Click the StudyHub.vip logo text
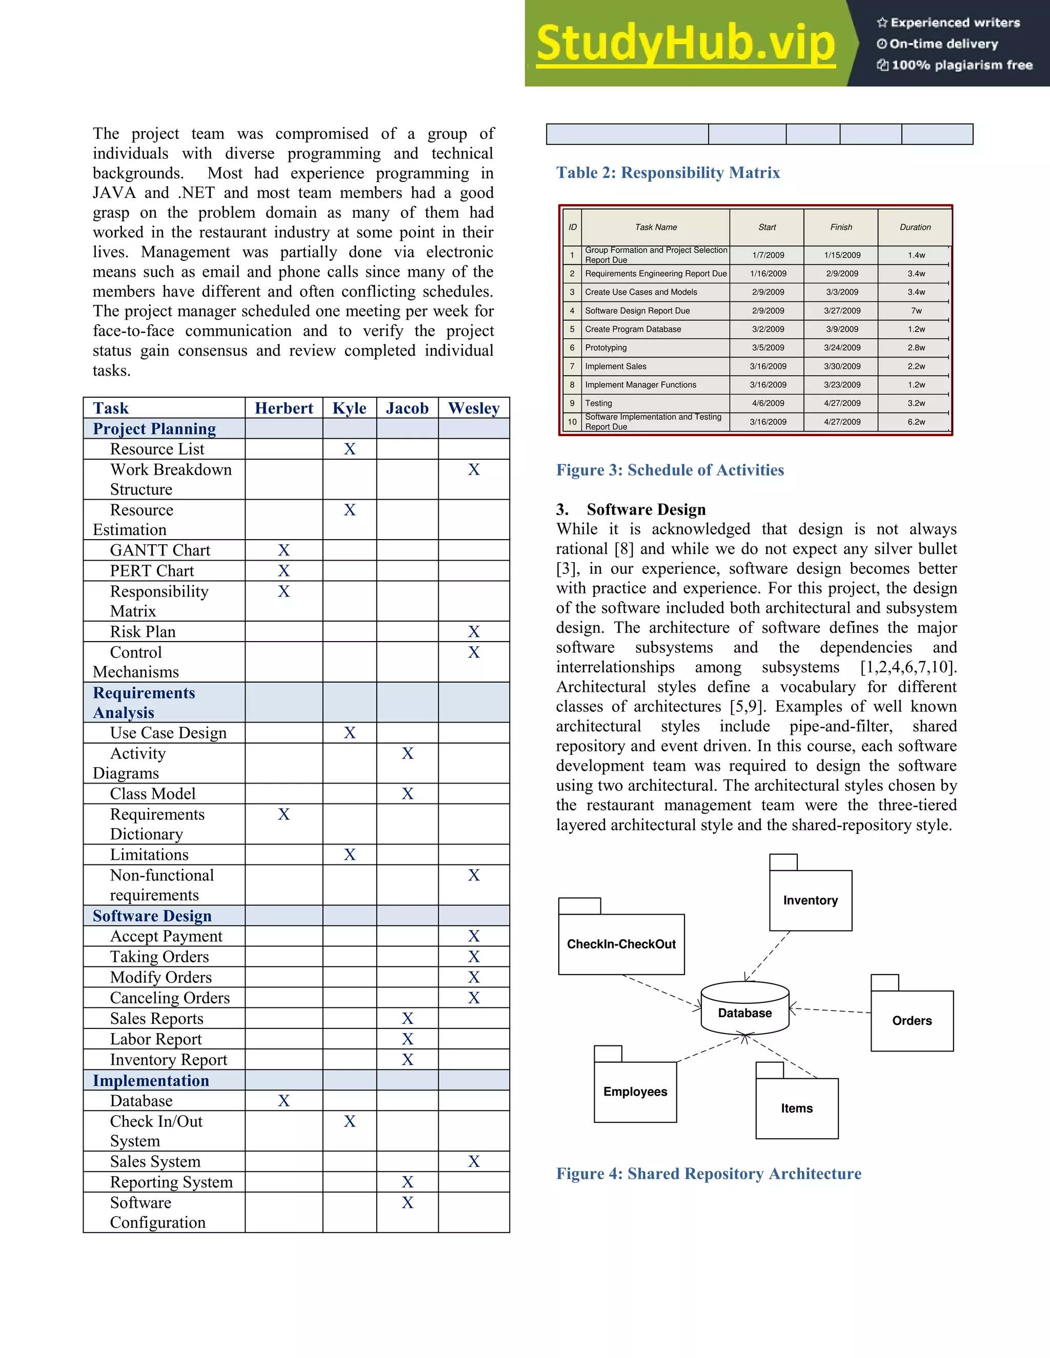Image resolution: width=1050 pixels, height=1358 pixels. (685, 44)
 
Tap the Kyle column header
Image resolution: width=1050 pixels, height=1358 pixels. (349, 408)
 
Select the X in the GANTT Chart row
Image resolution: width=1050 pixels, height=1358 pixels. (284, 550)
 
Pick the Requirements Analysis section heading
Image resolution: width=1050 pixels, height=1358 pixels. (144, 703)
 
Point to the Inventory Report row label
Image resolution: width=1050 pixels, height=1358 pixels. (169, 1060)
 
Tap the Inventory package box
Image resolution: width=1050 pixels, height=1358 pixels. (810, 900)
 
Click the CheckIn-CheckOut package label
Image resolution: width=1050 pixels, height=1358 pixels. (621, 944)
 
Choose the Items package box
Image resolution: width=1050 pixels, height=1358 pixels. (796, 1108)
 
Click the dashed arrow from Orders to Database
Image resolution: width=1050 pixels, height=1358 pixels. (830, 1011)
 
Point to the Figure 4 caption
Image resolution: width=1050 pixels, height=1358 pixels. (709, 1174)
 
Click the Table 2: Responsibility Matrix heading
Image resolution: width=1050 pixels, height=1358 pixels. (668, 173)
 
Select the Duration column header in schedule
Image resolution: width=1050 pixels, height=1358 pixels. (915, 228)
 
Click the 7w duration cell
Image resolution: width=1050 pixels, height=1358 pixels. (916, 311)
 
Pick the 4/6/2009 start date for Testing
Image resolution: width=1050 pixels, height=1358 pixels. (768, 403)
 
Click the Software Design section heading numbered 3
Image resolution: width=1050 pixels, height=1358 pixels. (631, 509)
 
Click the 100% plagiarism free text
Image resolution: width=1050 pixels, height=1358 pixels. (954, 65)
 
